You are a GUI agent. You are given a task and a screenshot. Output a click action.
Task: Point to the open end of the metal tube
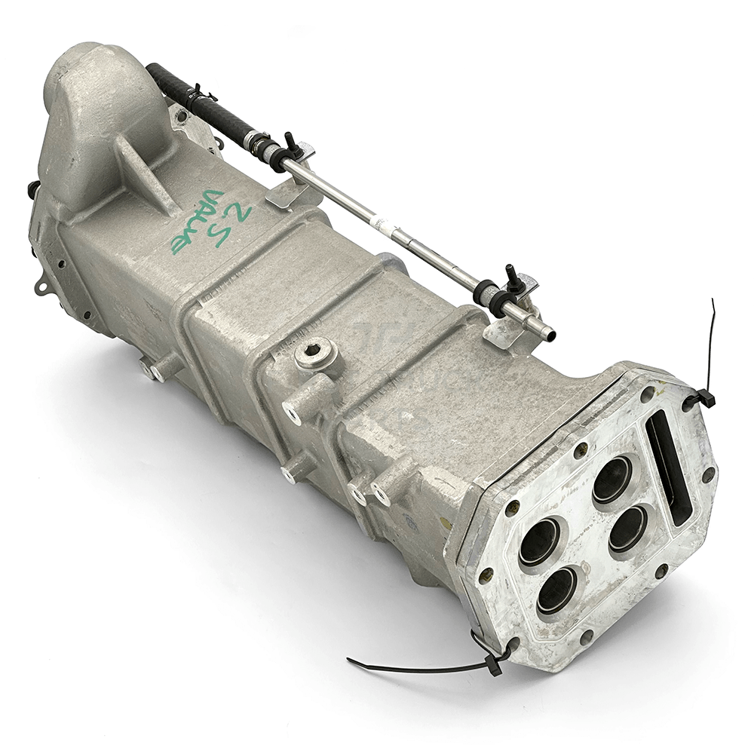tap(549, 330)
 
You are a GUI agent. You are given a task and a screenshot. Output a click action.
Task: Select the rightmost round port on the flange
tap(627, 528)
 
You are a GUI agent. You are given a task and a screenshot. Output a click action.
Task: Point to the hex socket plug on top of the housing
tap(314, 353)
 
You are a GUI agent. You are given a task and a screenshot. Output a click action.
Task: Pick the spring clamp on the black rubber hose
tap(201, 97)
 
